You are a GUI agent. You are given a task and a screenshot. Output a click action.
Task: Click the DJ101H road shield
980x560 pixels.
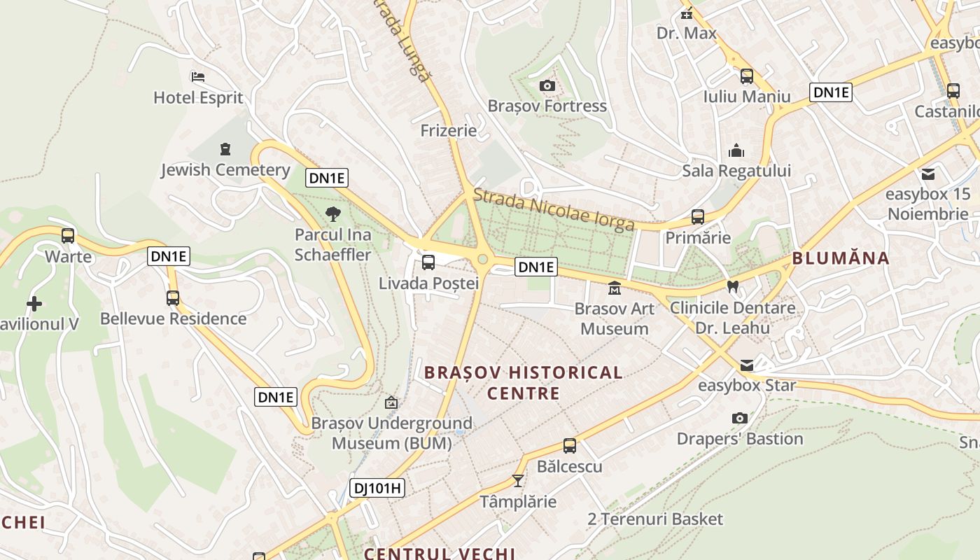(377, 488)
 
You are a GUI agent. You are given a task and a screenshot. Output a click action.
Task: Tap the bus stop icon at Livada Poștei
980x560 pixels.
(428, 262)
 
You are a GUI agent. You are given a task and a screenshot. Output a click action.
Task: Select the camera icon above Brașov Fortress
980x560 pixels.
(547, 85)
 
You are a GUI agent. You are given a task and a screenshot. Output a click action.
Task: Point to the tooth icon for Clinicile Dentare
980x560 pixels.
(733, 286)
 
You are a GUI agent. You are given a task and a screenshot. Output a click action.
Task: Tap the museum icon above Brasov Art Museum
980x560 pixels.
(614, 288)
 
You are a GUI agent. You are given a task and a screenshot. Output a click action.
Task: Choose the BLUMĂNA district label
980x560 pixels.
(840, 258)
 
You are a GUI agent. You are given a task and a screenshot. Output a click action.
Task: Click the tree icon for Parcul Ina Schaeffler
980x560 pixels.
(333, 213)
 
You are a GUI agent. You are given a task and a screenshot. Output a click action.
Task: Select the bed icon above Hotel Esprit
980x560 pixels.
(198, 76)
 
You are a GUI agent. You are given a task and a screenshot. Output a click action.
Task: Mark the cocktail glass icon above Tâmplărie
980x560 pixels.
(518, 480)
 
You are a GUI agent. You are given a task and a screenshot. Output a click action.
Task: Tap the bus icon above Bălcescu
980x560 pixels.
(570, 445)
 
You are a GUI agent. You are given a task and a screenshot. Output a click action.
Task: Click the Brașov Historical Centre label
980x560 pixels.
(523, 382)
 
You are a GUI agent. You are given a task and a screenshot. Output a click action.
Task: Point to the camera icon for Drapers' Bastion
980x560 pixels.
(739, 418)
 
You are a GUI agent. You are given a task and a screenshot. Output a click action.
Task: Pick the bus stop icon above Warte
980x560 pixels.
(68, 236)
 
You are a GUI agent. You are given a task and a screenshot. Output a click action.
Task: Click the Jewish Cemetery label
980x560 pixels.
(225, 170)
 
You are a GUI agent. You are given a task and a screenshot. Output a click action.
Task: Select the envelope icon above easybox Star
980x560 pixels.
(747, 365)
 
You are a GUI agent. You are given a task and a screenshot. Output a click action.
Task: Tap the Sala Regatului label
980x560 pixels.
(736, 171)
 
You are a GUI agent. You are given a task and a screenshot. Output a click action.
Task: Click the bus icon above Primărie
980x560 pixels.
(697, 217)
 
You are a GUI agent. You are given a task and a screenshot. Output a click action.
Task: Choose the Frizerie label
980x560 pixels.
(448, 131)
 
